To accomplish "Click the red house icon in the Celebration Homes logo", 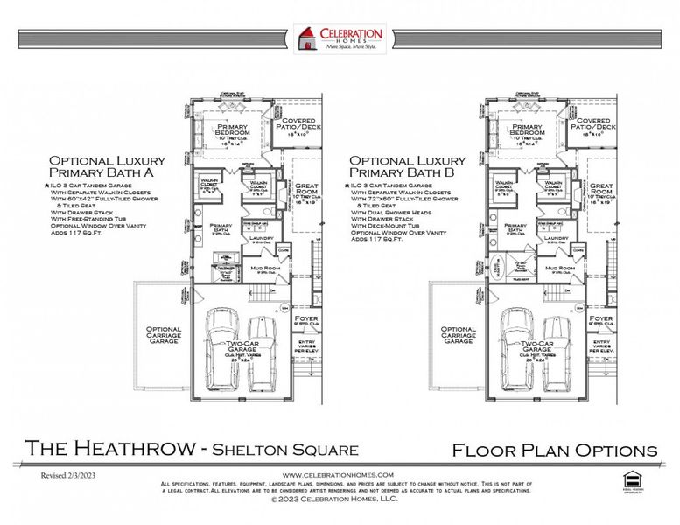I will pos(305,38).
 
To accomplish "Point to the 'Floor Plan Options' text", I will pos(554,450).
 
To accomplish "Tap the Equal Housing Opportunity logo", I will pos(627,479).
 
